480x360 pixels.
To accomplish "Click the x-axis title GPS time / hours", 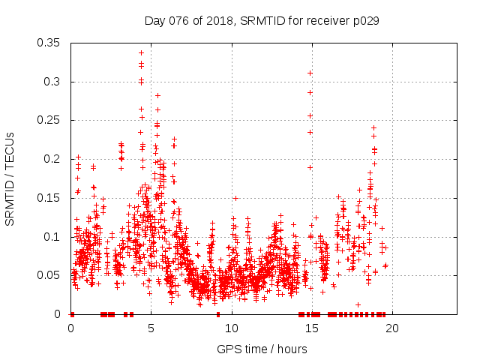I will [262, 349].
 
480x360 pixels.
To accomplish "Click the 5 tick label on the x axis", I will [151, 328].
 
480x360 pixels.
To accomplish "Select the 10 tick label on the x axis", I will [232, 328].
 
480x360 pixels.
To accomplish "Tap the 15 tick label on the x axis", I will [312, 328].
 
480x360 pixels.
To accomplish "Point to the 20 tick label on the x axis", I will [392, 328].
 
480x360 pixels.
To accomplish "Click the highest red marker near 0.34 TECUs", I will [141, 53].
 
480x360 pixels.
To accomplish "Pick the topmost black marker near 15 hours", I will [310, 73].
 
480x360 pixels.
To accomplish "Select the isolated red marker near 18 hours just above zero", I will [358, 304].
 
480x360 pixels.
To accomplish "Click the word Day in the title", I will [154, 21].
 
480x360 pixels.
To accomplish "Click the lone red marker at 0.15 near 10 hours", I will [235, 198].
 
